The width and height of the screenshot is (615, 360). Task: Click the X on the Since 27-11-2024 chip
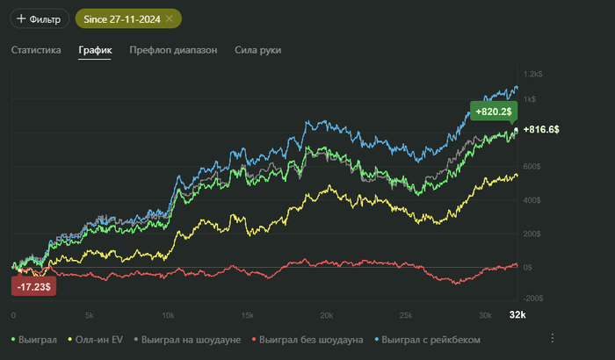[168, 18]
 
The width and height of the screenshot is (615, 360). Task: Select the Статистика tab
[36, 50]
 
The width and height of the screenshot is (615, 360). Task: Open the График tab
[95, 50]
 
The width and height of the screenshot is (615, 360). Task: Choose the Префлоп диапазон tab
[173, 50]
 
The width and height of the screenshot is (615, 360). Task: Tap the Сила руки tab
[257, 50]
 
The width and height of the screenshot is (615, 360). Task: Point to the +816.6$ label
[541, 129]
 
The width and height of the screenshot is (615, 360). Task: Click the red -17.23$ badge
[34, 286]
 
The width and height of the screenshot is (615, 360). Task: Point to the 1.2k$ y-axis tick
[532, 75]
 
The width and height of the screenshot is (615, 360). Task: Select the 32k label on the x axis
[517, 314]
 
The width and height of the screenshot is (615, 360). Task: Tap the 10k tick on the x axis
[169, 315]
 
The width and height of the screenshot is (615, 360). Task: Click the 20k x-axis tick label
[326, 315]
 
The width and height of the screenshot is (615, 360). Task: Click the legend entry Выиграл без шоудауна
[303, 338]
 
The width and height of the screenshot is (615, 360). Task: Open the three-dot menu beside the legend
[553, 338]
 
